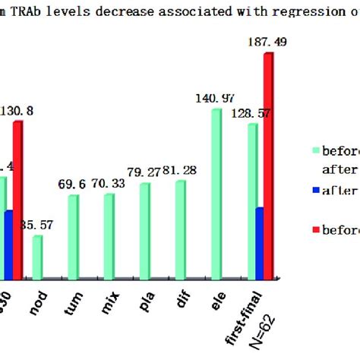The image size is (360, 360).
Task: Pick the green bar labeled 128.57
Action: [251, 201]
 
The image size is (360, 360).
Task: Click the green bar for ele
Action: [216, 194]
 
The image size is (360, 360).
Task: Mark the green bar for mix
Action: [109, 236]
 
